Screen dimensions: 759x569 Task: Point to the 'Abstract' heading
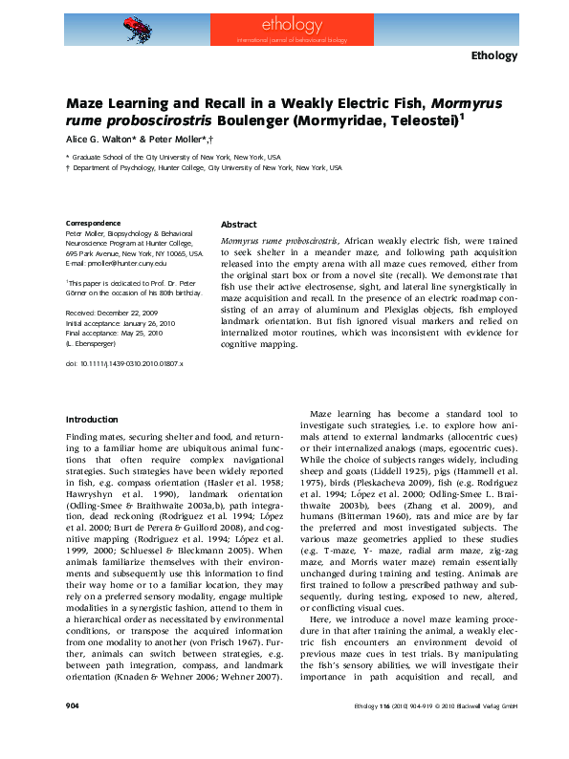[239, 224]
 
